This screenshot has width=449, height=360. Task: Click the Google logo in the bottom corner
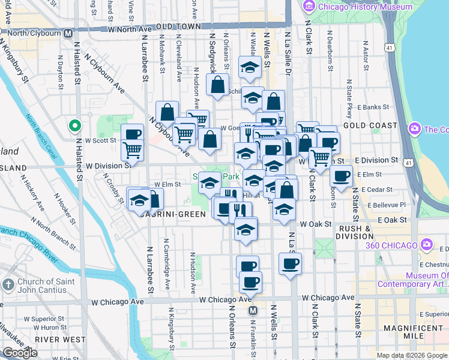[20, 353]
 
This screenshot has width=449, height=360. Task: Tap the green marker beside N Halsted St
[74, 127]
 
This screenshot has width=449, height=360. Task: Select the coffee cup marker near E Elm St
[341, 176]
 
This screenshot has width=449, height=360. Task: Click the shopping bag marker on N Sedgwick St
[217, 83]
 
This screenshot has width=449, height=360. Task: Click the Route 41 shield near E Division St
[408, 162]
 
